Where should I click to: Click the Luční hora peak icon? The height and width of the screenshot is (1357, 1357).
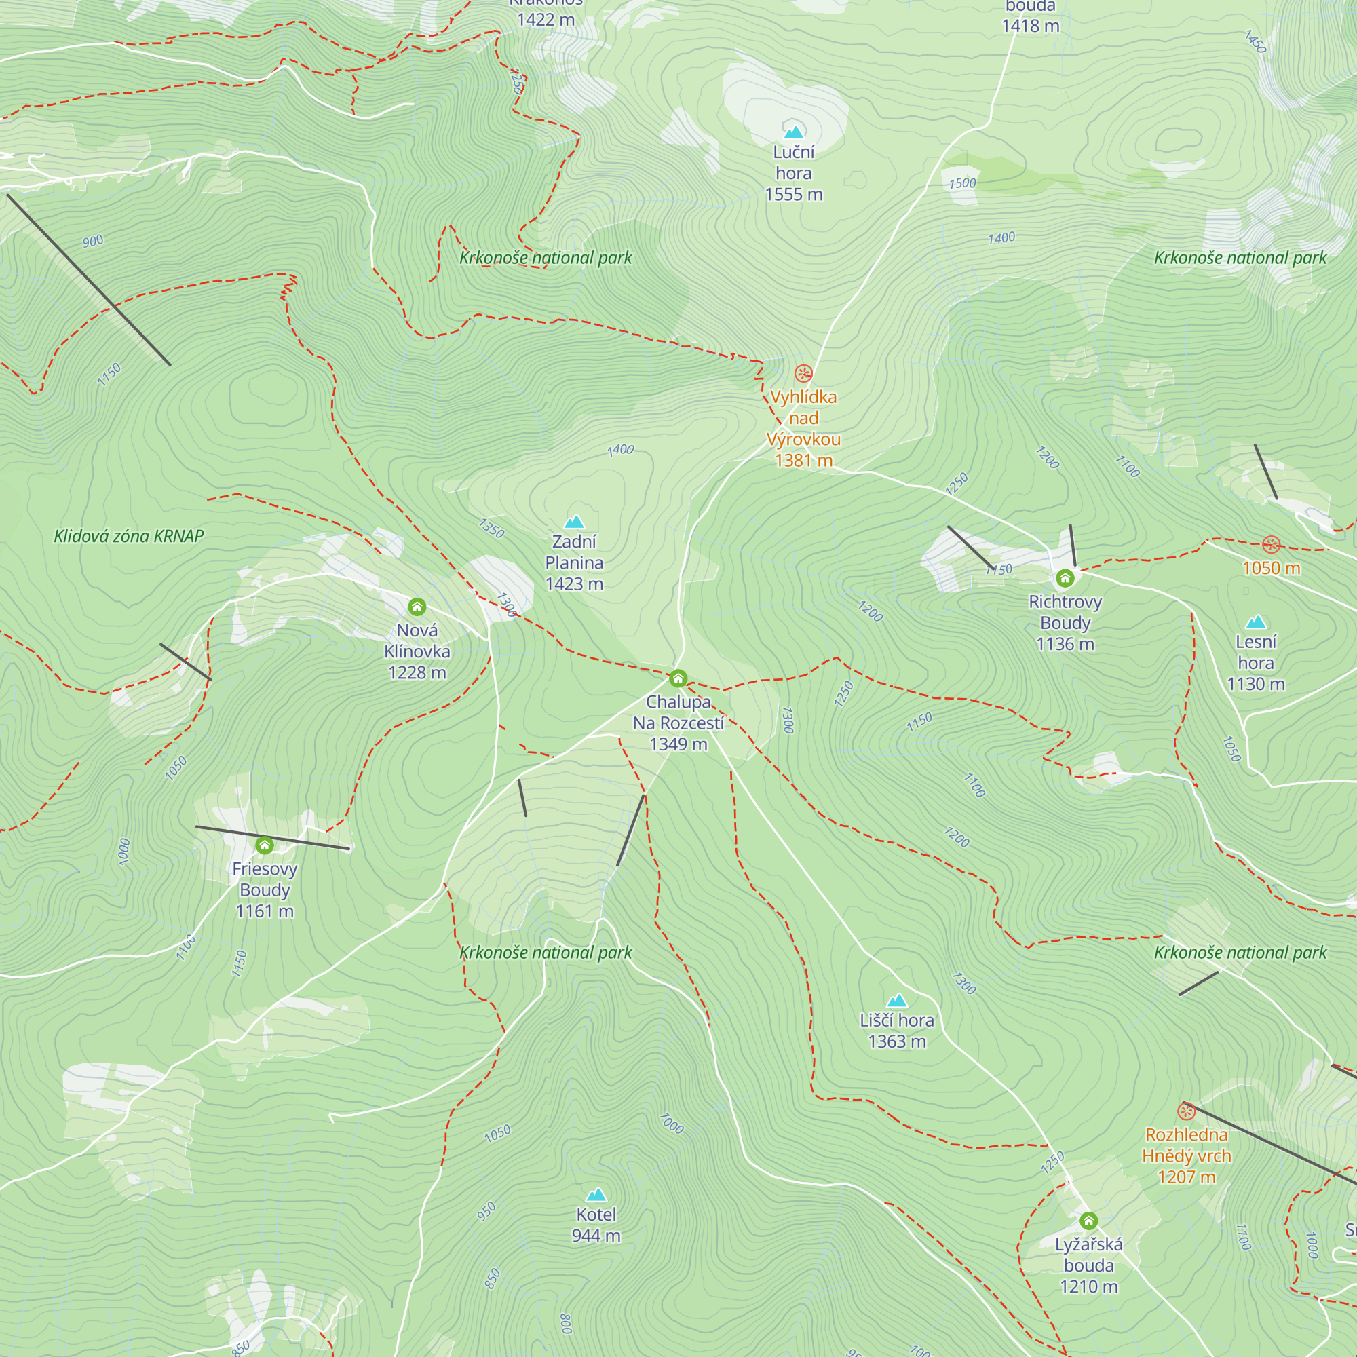tap(794, 132)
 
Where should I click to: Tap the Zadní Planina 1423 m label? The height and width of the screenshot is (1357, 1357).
tap(574, 562)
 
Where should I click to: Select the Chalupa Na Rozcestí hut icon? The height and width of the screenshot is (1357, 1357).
tap(678, 678)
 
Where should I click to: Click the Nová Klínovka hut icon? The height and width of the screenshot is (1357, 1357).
tap(417, 607)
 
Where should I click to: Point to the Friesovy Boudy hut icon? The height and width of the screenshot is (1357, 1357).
tap(264, 845)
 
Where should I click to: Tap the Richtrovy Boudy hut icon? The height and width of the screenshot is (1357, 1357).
tap(1065, 579)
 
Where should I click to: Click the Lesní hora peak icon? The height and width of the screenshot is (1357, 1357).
tap(1255, 622)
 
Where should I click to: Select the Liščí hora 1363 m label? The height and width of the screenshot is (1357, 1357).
tap(897, 1031)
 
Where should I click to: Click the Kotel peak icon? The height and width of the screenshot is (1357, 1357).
tap(596, 1194)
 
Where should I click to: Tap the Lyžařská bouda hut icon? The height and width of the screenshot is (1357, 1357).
tap(1088, 1221)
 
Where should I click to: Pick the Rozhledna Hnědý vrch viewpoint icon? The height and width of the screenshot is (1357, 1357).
tap(1186, 1111)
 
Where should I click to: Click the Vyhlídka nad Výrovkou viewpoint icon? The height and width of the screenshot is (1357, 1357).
tap(803, 374)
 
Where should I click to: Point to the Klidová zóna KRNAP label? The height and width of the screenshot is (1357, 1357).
tap(129, 537)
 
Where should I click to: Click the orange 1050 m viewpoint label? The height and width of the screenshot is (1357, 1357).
tap(1272, 567)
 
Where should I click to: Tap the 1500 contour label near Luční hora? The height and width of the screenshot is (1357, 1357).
tap(962, 183)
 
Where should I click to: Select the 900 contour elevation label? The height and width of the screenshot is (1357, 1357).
tap(93, 242)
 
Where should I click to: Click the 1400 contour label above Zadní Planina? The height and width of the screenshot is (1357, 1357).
tap(621, 450)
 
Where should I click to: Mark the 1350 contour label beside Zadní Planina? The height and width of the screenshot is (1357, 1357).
tap(491, 527)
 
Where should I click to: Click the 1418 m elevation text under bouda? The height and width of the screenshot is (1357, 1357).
tap(1031, 26)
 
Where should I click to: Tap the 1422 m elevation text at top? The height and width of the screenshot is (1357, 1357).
tap(546, 20)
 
